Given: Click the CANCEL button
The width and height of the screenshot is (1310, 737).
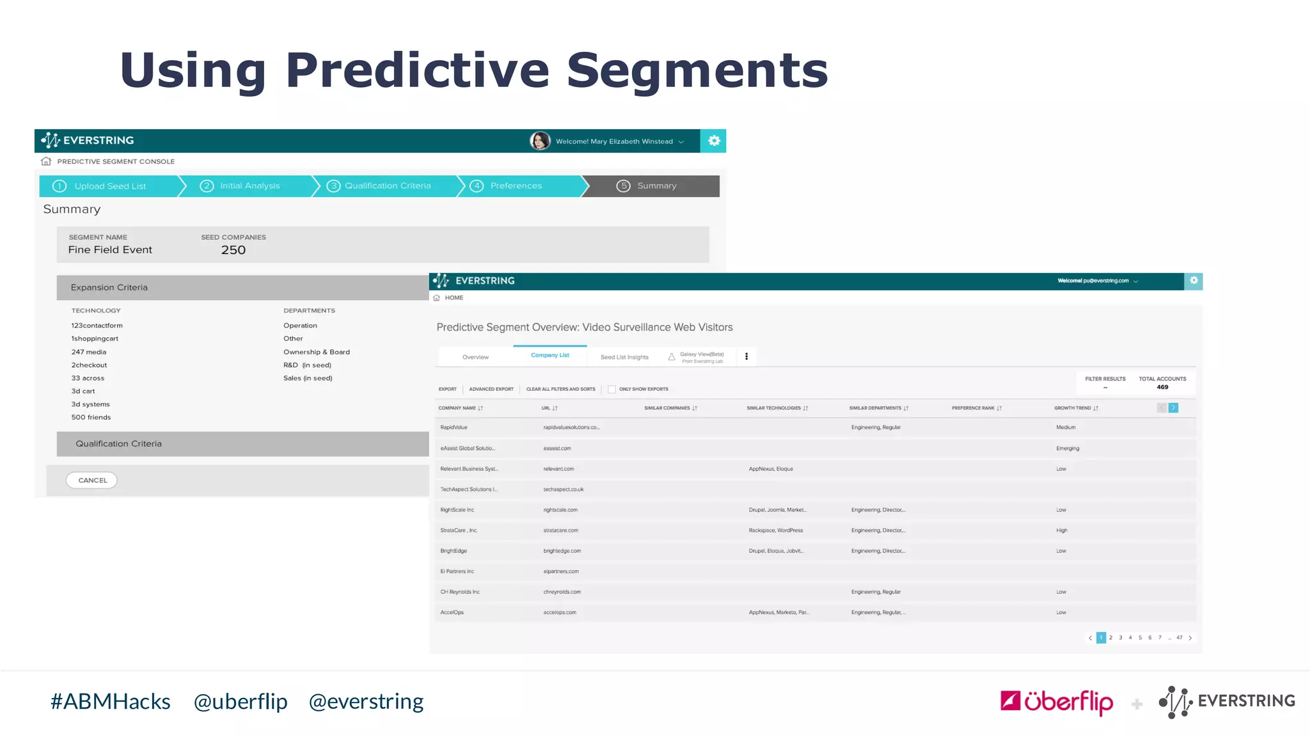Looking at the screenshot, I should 91,480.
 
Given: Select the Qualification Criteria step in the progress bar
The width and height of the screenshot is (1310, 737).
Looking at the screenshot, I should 387,186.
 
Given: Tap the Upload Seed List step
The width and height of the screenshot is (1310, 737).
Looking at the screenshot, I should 110,186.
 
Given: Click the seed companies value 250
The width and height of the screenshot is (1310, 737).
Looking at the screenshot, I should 233,250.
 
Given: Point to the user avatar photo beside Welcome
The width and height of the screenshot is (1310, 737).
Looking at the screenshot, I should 540,141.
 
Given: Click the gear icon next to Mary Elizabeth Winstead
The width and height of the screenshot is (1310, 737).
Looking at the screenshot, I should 714,141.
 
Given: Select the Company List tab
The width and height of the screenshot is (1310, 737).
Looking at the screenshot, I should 549,355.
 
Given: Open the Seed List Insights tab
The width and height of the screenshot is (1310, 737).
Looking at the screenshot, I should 624,357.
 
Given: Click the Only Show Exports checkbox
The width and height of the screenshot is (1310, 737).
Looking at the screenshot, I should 612,389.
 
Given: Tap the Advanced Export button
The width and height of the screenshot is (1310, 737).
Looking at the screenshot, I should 491,389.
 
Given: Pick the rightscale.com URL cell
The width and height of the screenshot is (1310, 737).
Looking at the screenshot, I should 560,510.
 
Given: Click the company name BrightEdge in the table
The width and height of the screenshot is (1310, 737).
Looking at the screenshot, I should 454,551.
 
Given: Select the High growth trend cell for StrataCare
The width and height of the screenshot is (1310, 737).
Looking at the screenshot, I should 1062,530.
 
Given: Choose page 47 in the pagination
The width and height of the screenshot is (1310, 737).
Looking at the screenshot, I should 1180,638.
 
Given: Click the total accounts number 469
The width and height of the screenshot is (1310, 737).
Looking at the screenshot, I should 1162,387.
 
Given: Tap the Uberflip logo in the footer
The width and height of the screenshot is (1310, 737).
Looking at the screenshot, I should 1057,702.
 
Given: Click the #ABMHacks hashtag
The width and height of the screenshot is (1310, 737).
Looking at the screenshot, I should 111,702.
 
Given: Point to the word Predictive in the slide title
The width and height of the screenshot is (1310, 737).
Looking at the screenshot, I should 417,70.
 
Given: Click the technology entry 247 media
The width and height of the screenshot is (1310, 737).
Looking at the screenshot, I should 89,352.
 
